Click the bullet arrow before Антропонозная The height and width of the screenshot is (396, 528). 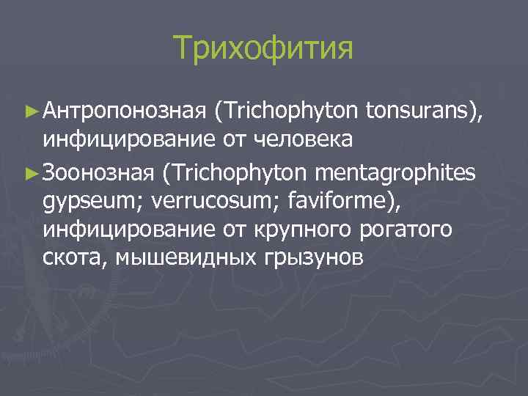tap(30, 110)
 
